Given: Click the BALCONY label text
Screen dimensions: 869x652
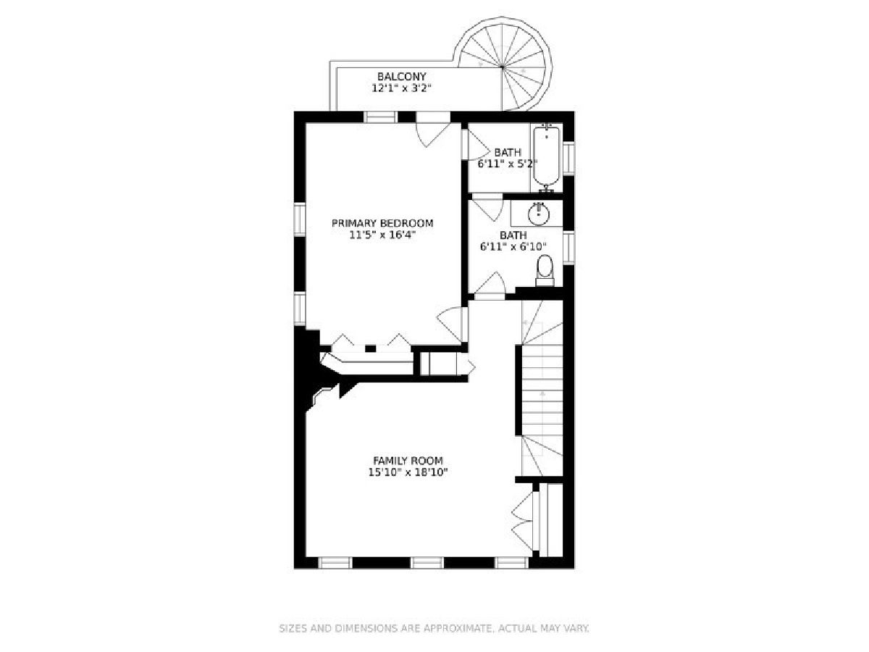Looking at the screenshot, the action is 401,76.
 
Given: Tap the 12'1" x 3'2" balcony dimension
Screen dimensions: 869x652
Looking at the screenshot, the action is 401,88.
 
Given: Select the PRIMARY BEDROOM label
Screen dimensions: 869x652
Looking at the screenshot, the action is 382,223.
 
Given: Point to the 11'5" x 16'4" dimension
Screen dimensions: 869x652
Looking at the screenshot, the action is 382,235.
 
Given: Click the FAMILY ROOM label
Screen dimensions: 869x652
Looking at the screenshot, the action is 408,461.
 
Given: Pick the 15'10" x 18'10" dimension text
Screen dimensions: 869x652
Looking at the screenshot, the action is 408,472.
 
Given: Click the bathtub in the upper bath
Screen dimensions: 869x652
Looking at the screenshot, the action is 547,156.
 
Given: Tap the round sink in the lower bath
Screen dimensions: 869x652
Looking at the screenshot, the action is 539,214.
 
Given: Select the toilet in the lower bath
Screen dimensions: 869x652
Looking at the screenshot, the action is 545,270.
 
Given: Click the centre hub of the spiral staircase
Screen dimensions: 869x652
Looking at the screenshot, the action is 503,67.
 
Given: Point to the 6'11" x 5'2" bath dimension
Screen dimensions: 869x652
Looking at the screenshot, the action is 508,164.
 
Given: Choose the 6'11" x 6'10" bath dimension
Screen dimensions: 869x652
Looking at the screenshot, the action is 513,246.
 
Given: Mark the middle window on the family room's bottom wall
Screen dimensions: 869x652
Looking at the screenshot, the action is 427,563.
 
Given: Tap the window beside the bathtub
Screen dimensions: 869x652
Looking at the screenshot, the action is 568,159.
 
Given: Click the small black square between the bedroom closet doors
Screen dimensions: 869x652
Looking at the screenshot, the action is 370,348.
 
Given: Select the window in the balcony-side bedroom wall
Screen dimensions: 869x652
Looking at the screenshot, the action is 380,117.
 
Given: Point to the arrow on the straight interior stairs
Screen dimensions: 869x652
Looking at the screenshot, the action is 542,393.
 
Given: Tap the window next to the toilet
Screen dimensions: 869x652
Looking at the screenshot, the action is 568,248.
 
